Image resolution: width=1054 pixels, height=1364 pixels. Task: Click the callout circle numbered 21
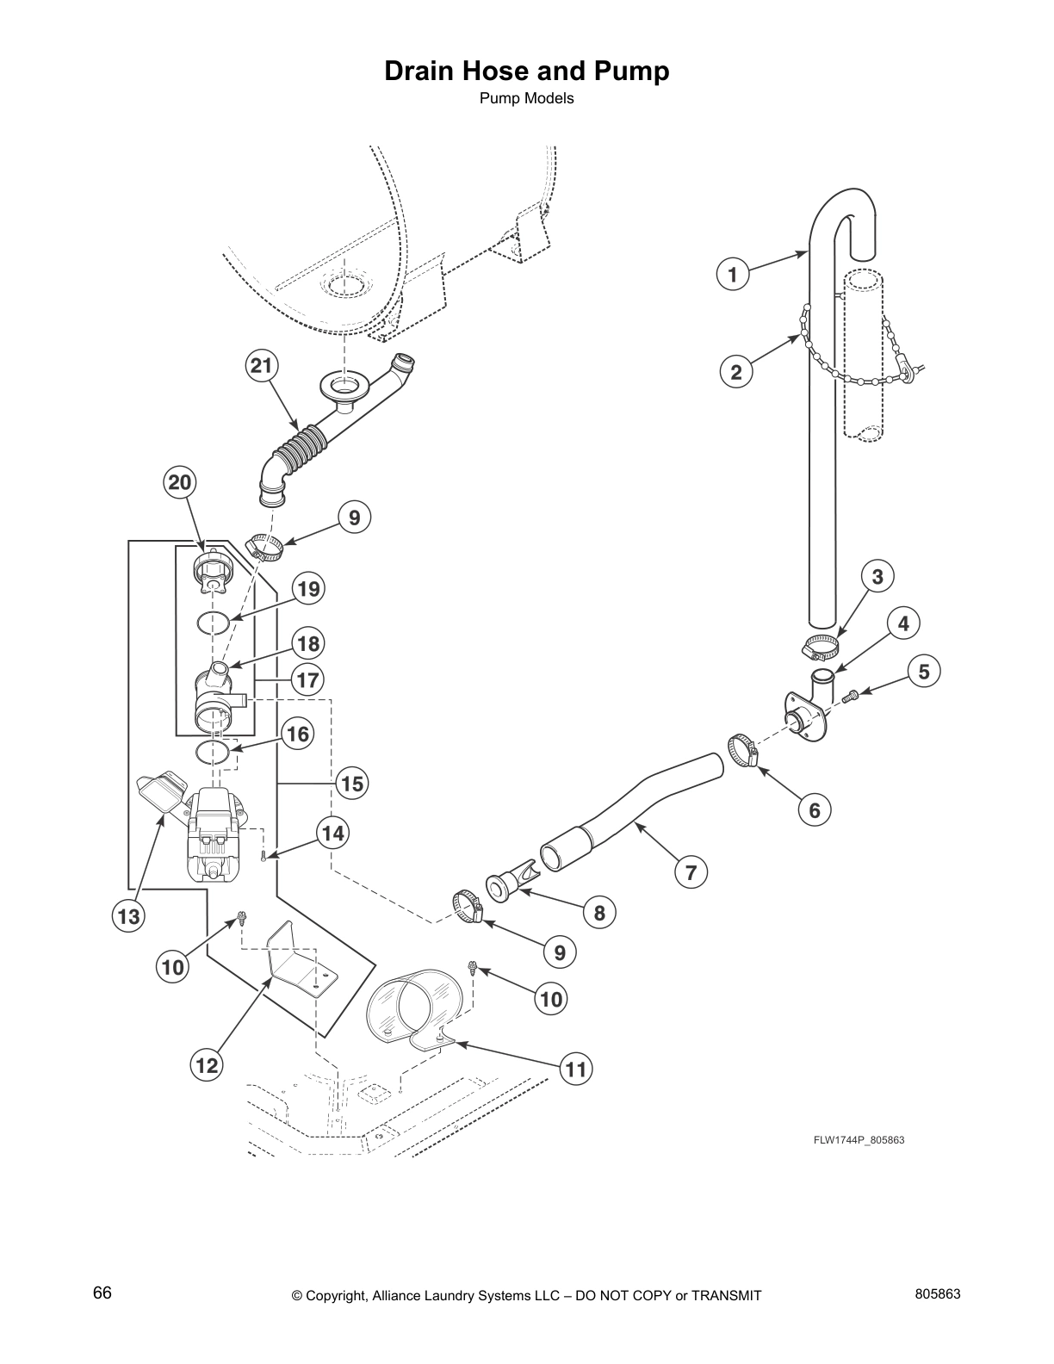260,366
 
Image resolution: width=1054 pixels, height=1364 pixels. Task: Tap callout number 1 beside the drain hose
732,275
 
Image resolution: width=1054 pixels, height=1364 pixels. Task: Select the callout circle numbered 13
128,917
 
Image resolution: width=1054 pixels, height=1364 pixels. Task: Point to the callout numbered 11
576,1069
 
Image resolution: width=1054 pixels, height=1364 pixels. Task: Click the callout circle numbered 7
691,873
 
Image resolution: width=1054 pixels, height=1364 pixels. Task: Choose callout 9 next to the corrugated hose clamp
354,518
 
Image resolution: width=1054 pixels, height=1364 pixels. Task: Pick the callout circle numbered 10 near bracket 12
173,967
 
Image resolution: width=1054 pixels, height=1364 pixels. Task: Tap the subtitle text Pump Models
526,98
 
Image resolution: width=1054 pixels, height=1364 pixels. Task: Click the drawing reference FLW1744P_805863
859,1140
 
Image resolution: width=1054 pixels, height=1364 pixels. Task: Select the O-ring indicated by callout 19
212,623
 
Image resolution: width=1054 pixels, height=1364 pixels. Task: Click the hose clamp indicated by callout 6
741,747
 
